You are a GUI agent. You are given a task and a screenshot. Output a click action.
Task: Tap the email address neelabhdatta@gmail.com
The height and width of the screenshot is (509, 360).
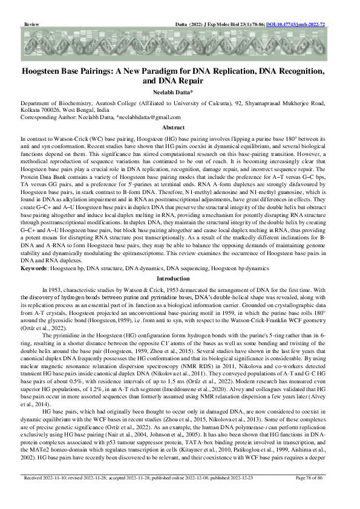pos(149,117)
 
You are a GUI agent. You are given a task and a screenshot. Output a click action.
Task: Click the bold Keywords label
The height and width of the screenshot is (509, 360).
pos(34,267)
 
